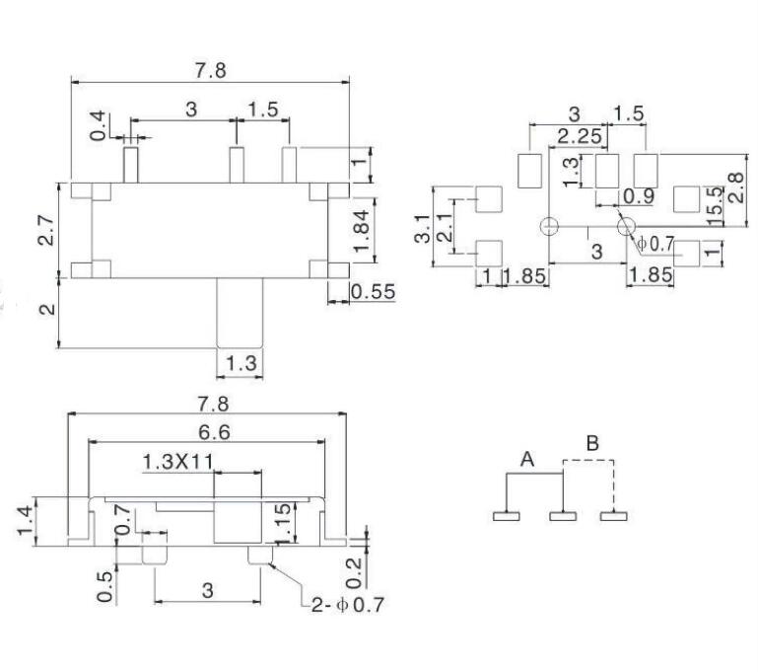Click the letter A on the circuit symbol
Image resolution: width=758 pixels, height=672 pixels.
(x=527, y=459)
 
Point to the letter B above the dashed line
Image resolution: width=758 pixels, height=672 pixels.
(x=591, y=443)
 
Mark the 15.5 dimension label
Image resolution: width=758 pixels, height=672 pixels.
(x=717, y=203)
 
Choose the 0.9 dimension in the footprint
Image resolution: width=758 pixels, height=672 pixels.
(x=639, y=195)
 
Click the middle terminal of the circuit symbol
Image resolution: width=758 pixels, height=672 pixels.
(x=562, y=514)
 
